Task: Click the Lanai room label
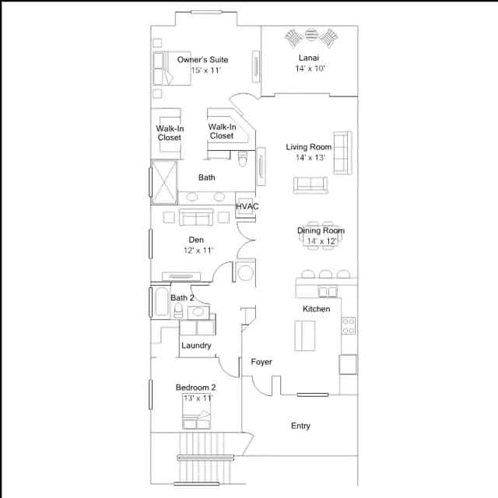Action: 309,58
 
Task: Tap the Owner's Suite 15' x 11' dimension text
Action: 205,71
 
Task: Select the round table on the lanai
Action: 311,35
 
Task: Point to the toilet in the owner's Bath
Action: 243,159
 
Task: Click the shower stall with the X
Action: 164,182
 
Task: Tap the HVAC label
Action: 247,206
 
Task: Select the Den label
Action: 196,240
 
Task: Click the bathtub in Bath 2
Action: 162,301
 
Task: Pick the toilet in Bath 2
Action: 178,310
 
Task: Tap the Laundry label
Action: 196,345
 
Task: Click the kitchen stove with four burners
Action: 349,326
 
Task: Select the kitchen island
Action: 305,335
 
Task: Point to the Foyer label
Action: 261,362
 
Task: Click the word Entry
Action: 300,426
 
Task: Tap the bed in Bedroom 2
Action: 197,412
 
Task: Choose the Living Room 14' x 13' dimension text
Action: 310,158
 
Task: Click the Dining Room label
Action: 321,230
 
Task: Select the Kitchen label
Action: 317,309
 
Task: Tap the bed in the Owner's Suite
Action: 172,68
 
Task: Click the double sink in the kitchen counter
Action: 328,292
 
